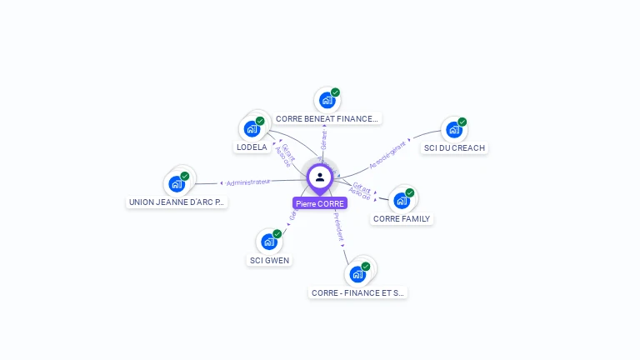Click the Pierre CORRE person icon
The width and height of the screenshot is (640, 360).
click(x=320, y=177)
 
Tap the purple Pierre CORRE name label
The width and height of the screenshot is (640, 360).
click(x=320, y=203)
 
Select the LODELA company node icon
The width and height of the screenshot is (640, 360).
click(x=252, y=129)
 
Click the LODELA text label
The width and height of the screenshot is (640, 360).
click(x=252, y=147)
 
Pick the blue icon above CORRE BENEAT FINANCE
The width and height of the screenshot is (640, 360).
click(x=327, y=100)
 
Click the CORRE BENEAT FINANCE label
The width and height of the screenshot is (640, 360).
click(x=327, y=119)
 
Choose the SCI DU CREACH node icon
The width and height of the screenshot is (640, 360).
click(x=453, y=130)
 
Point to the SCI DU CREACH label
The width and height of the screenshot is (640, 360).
click(x=454, y=148)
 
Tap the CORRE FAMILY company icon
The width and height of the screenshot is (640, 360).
click(x=402, y=200)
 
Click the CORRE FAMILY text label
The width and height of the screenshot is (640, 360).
click(x=402, y=219)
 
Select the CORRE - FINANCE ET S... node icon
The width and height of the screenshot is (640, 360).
click(x=357, y=273)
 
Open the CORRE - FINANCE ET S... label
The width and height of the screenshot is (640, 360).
click(x=357, y=293)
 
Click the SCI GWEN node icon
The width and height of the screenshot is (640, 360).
click(x=268, y=242)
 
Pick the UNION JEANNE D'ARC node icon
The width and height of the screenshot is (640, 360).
click(x=177, y=183)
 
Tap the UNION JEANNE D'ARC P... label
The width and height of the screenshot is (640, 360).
click(x=177, y=202)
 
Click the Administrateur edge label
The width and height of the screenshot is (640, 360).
click(x=248, y=182)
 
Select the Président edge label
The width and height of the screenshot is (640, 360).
click(x=338, y=227)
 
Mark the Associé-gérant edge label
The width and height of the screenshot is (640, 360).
click(x=387, y=155)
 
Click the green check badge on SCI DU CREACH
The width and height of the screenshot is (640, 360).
click(x=462, y=122)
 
